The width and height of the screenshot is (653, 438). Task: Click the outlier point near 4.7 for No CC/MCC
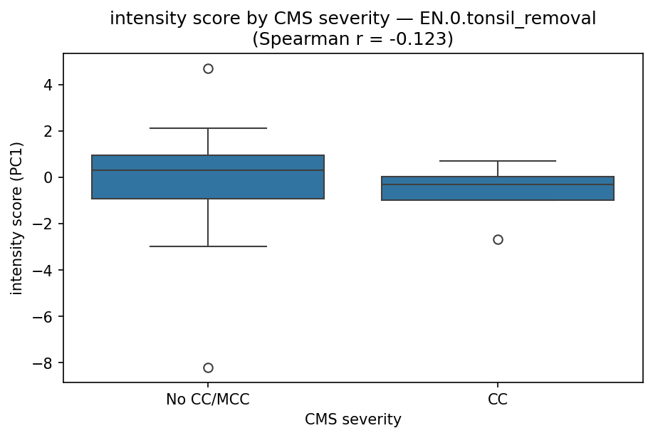pyautogui.click(x=208, y=68)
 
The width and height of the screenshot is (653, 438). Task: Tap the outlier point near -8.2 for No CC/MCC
pyautogui.click(x=208, y=367)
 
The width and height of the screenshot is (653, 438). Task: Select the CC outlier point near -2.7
pyautogui.click(x=498, y=239)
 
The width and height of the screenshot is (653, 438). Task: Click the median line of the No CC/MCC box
pyautogui.click(x=208, y=170)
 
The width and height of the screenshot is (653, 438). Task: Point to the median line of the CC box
pyautogui.click(x=498, y=184)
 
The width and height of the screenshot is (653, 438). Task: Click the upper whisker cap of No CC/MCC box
pyautogui.click(x=208, y=128)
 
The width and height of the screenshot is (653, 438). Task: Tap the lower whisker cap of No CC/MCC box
pyautogui.click(x=208, y=246)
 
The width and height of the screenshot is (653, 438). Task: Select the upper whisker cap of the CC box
pyautogui.click(x=498, y=161)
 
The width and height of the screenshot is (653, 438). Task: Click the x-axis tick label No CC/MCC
pyautogui.click(x=208, y=400)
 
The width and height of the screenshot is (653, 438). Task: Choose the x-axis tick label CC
pyautogui.click(x=498, y=400)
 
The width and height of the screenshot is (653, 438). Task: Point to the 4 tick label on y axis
pyautogui.click(x=49, y=85)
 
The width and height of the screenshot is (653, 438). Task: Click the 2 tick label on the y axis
pyautogui.click(x=49, y=131)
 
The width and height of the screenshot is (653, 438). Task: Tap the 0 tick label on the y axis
pyautogui.click(x=49, y=177)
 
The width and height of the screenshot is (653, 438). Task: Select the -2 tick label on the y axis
pyautogui.click(x=46, y=224)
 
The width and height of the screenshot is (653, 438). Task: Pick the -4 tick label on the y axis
pyautogui.click(x=46, y=270)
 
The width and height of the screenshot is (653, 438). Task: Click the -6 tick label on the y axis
pyautogui.click(x=46, y=316)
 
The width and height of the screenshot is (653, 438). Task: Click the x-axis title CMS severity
pyautogui.click(x=352, y=420)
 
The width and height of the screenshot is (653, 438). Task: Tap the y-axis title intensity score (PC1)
pyautogui.click(x=17, y=217)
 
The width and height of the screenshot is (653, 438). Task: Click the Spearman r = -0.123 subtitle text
pyautogui.click(x=352, y=39)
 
